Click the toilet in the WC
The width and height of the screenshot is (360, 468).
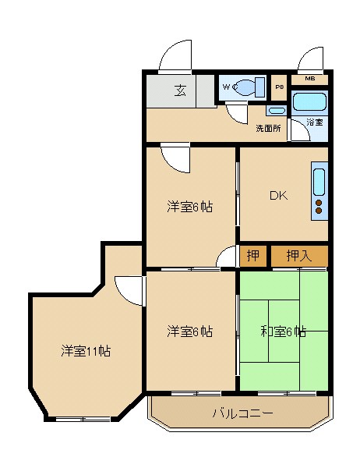[x=248, y=87]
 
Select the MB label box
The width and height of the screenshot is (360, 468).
[x=310, y=79]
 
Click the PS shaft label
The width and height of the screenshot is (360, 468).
[x=279, y=87]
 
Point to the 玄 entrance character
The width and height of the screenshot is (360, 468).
[x=180, y=90]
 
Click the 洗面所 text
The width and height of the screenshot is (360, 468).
[x=268, y=129]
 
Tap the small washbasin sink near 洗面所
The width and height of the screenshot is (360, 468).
[x=275, y=112]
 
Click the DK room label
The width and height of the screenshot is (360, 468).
[x=278, y=196]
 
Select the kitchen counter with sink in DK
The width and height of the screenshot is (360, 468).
[x=319, y=191]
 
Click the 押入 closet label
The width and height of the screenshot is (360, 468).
[x=298, y=255]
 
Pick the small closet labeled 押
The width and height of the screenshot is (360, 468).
[x=253, y=255]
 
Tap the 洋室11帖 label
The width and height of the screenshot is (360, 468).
[x=86, y=351]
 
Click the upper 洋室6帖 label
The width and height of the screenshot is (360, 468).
[x=190, y=207]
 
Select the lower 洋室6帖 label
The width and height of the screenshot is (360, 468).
[x=190, y=331]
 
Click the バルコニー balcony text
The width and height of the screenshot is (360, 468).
[x=242, y=413]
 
